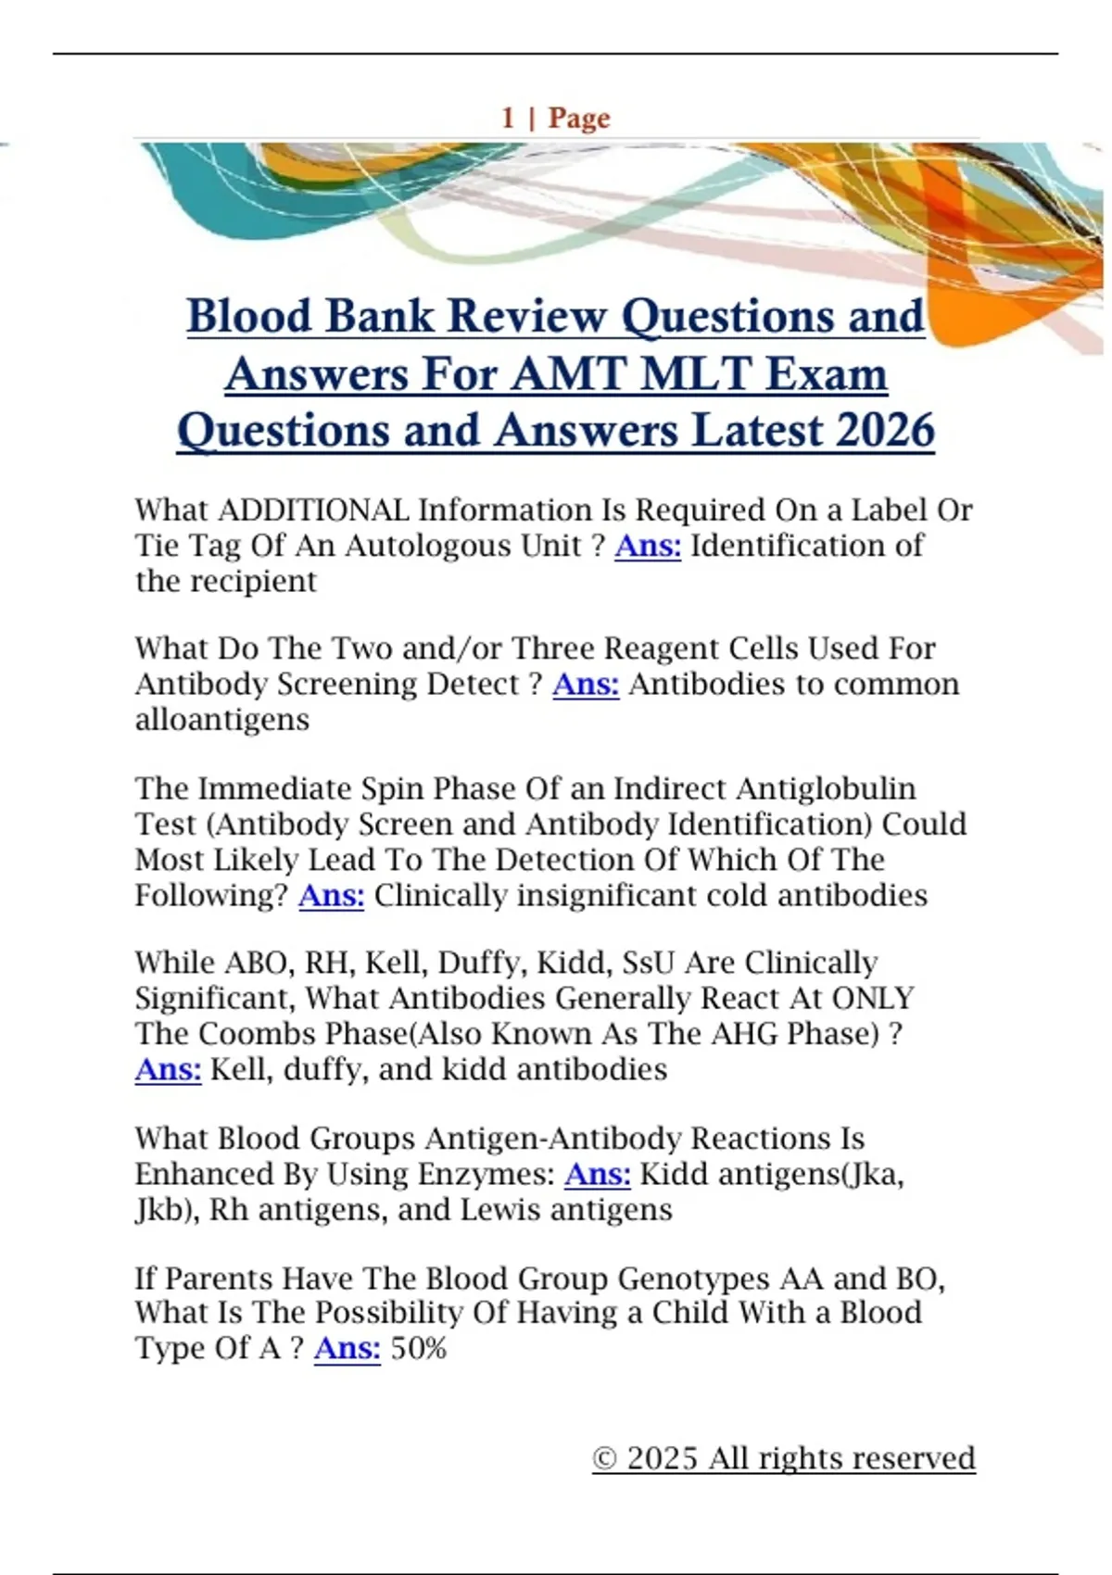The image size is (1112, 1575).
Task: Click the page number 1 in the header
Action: pyautogui.click(x=508, y=118)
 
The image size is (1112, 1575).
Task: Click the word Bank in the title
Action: pyautogui.click(x=378, y=316)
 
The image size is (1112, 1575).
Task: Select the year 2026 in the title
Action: pyautogui.click(x=884, y=431)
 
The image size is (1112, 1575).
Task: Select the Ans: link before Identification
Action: pyautogui.click(x=648, y=546)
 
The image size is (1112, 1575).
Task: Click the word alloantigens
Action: pyautogui.click(x=222, y=719)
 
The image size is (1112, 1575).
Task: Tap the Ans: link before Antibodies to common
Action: pyautogui.click(x=586, y=684)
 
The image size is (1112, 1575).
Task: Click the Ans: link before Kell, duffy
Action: pyautogui.click(x=168, y=1069)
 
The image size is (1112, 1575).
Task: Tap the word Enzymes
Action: pyautogui.click(x=486, y=1174)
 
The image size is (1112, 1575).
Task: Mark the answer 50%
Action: pyautogui.click(x=419, y=1348)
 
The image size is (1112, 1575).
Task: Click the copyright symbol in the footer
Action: pyautogui.click(x=604, y=1458)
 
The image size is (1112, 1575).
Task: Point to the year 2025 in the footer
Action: pyautogui.click(x=663, y=1458)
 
